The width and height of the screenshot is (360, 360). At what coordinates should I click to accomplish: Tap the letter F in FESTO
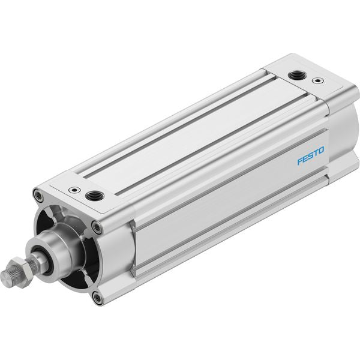[x=300, y=161]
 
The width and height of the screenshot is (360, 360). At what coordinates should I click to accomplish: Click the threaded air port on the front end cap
[x=95, y=196]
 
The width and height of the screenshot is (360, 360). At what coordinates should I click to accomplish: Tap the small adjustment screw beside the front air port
[x=74, y=190]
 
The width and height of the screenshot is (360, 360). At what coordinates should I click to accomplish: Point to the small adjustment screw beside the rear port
[x=318, y=80]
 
